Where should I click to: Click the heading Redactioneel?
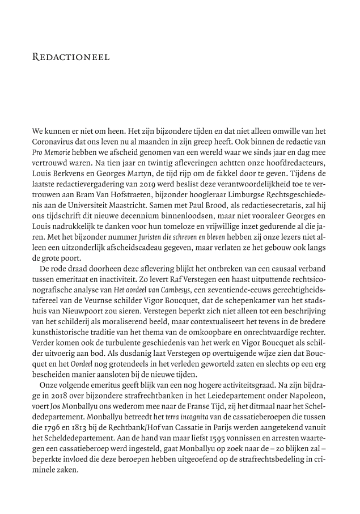[x=71, y=57]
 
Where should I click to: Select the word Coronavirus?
[x=54, y=143]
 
